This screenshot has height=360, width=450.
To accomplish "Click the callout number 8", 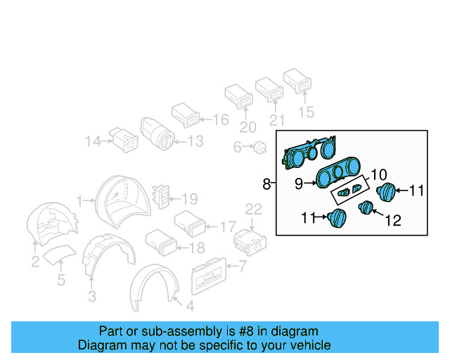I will (x=266, y=184).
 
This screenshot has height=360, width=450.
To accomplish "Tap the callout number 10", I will (x=378, y=173).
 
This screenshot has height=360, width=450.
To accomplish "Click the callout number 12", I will (x=392, y=221).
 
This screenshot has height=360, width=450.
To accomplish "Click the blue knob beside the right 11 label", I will (x=387, y=191).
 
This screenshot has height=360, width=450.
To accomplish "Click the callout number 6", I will (x=237, y=147).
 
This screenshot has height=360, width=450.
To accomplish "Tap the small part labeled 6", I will (x=261, y=148).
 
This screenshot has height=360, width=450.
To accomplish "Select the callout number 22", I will (x=253, y=209).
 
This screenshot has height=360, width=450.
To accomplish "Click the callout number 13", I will (x=195, y=141).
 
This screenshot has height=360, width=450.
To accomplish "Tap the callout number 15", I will (x=307, y=111).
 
